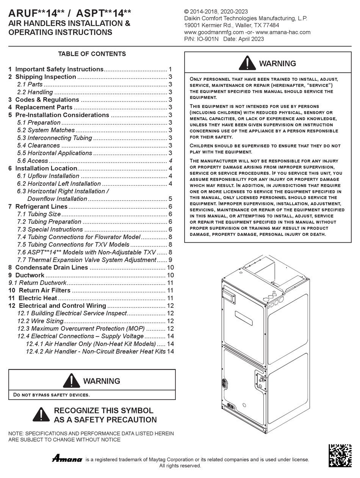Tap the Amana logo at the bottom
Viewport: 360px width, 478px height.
(x=67, y=459)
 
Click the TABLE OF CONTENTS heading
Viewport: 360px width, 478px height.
(x=92, y=54)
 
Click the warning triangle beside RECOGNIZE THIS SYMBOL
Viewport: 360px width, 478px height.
(x=41, y=415)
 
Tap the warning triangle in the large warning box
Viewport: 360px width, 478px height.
(x=247, y=63)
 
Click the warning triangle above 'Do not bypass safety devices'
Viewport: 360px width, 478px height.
(x=71, y=381)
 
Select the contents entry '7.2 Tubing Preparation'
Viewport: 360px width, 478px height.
(x=49, y=222)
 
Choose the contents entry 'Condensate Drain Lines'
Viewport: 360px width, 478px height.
(x=52, y=267)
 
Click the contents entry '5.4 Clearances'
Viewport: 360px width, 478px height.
(x=39, y=145)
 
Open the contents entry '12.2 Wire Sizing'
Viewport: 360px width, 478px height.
(x=40, y=321)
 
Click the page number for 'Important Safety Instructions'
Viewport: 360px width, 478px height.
(x=171, y=69)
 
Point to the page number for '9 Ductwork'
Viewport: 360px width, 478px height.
(x=171, y=275)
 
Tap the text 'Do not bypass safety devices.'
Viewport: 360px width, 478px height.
(x=52, y=395)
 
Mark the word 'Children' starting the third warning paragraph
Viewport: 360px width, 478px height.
(x=202, y=146)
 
